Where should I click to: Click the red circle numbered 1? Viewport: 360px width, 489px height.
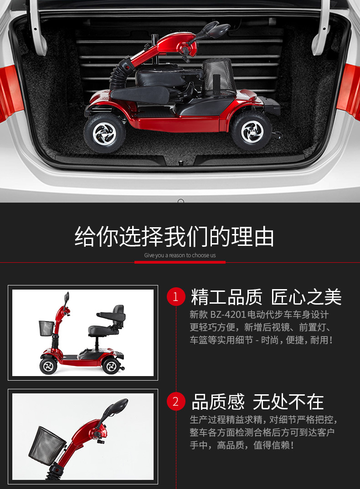pyautogui.click(x=176, y=296)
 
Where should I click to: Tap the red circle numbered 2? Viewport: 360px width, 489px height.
pyautogui.click(x=176, y=402)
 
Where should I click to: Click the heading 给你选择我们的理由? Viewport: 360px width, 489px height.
pyautogui.click(x=174, y=237)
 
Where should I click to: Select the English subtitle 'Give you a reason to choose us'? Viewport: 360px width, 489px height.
pyautogui.click(x=180, y=255)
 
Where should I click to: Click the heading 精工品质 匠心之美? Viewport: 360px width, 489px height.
pyautogui.click(x=266, y=297)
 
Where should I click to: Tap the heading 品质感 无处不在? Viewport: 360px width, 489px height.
pyautogui.click(x=257, y=402)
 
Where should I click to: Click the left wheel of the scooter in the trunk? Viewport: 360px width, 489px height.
pyautogui.click(x=105, y=133)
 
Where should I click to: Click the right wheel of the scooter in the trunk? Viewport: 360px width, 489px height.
pyautogui.click(x=252, y=131)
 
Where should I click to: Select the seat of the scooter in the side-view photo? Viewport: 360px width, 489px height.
pyautogui.click(x=108, y=323)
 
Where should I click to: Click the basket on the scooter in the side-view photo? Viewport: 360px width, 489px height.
pyautogui.click(x=46, y=328)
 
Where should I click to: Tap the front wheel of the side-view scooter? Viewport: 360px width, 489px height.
pyautogui.click(x=48, y=366)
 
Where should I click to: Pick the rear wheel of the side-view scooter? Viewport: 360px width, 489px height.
pyautogui.click(x=111, y=366)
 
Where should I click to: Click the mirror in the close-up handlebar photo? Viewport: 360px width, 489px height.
pyautogui.click(x=118, y=407)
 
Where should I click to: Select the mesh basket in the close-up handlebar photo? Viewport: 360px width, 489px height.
pyautogui.click(x=47, y=445)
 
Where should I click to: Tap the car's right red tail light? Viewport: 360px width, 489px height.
pyautogui.click(x=349, y=92)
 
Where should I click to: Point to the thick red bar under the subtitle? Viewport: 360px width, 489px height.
pyautogui.click(x=180, y=262)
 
